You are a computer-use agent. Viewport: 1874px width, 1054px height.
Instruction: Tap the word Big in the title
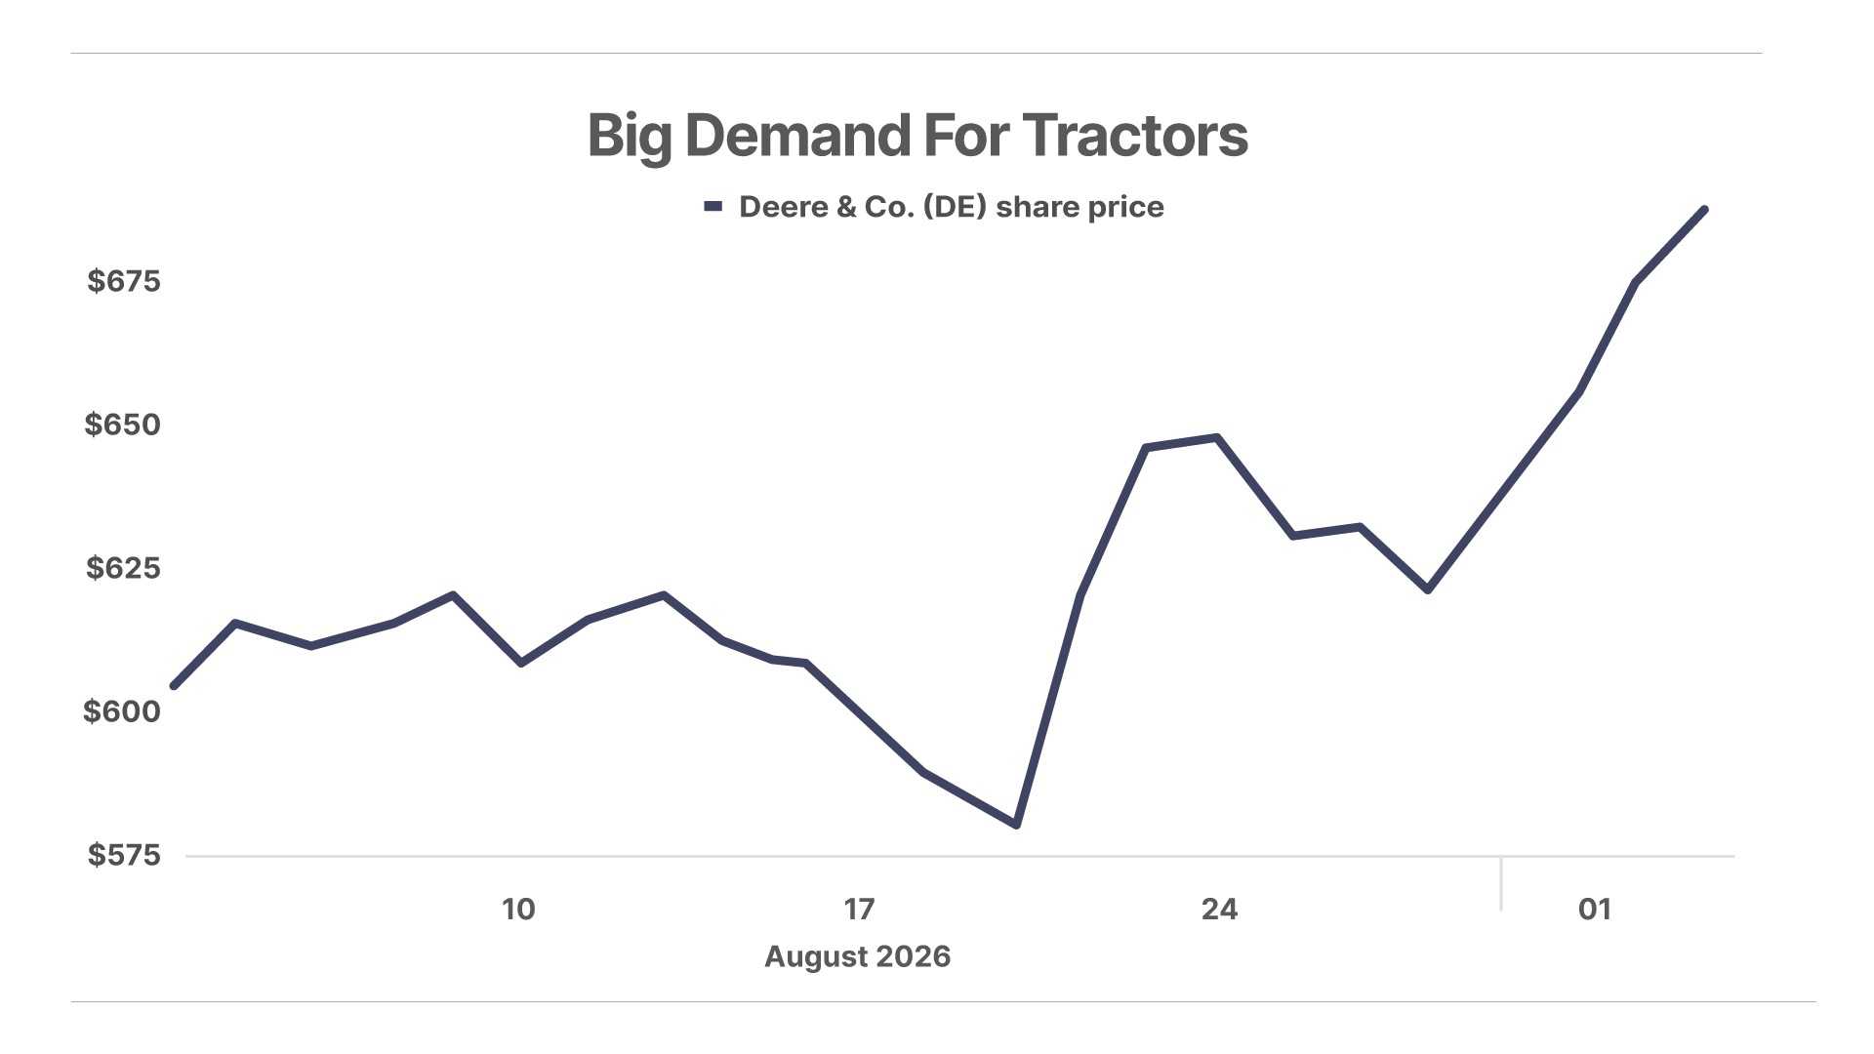[630, 137]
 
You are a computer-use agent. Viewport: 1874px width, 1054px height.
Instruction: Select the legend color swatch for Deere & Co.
[713, 206]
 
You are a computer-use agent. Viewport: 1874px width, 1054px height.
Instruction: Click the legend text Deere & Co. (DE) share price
[952, 207]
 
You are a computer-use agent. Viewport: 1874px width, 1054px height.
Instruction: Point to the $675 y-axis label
[124, 281]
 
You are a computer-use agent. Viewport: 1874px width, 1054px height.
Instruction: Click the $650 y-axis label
[123, 425]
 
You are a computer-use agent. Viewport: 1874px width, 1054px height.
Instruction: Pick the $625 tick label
[123, 568]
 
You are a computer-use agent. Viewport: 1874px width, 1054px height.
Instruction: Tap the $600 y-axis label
[122, 711]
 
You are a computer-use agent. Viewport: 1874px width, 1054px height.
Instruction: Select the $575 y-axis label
[124, 855]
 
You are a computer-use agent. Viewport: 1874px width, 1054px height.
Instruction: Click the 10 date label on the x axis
[518, 910]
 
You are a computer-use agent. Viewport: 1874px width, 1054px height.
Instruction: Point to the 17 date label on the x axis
[859, 910]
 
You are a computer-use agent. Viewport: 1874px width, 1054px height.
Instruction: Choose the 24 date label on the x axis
[1219, 910]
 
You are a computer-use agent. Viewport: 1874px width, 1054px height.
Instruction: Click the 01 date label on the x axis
[1595, 910]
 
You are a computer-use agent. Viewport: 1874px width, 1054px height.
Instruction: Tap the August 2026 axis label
[858, 956]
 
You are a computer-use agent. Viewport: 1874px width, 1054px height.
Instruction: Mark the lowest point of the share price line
[1017, 825]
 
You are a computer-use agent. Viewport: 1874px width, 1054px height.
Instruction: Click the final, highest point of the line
[1704, 210]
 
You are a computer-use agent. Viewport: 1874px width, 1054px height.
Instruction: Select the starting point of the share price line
[175, 686]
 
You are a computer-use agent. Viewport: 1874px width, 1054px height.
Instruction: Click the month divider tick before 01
[1501, 883]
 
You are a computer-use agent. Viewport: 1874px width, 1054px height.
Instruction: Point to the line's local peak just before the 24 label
[1216, 437]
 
